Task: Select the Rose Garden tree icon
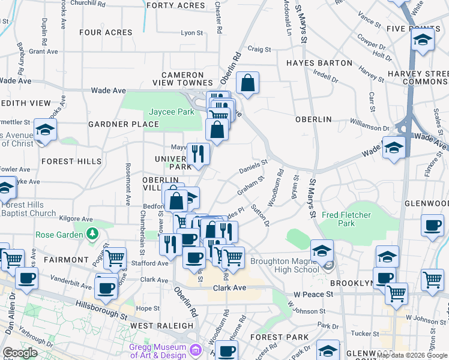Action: pos(92,233)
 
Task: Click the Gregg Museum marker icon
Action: pos(194,350)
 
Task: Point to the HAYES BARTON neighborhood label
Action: pos(319,63)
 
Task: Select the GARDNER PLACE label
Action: pos(124,124)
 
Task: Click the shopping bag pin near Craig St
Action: pos(247,83)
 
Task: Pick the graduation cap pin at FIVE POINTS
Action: pos(423,40)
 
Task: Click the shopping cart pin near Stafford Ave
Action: pos(115,259)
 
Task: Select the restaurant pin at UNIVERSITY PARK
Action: pos(197,154)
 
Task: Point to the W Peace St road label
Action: pos(313,295)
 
